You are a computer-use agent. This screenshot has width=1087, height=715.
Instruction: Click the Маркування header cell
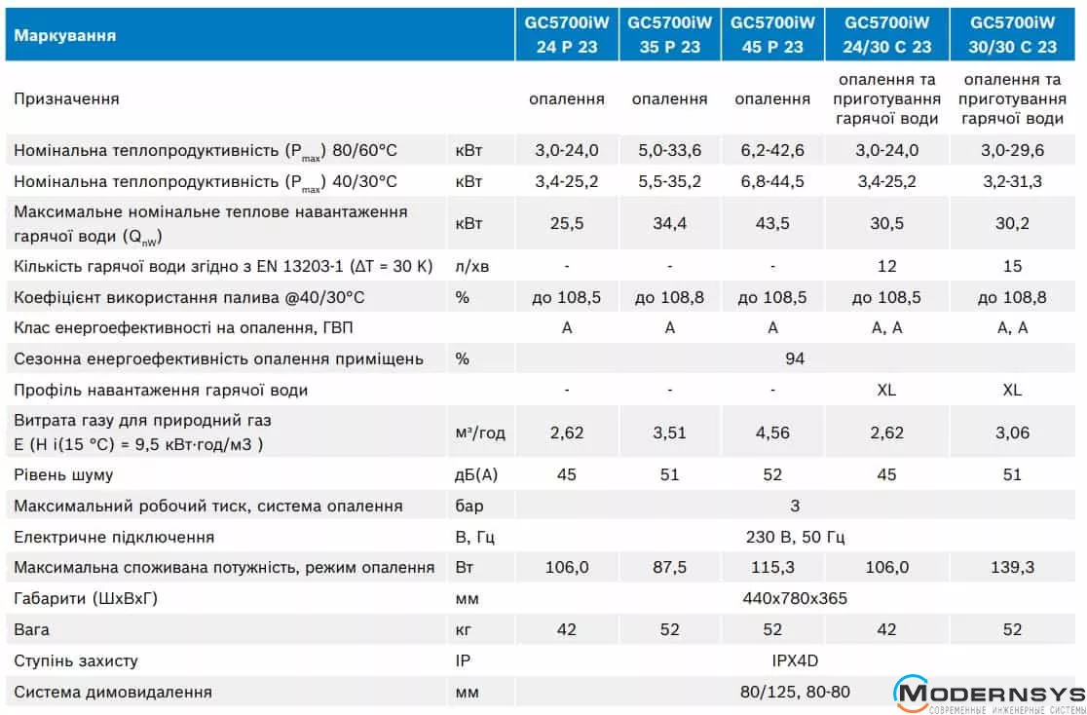pyautogui.click(x=65, y=35)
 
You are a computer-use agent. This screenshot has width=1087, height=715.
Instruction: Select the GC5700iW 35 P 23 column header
pyautogui.click(x=669, y=34)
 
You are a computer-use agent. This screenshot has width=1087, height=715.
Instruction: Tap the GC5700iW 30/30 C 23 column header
pyautogui.click(x=1012, y=34)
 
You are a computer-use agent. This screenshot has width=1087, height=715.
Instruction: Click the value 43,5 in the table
pyautogui.click(x=772, y=223)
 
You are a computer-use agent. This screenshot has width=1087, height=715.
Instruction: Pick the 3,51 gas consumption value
pyautogui.click(x=669, y=433)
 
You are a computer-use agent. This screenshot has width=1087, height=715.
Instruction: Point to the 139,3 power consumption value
pyautogui.click(x=1012, y=567)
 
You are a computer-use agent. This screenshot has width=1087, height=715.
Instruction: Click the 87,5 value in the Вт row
pyautogui.click(x=669, y=567)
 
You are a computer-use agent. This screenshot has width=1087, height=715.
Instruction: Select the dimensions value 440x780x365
pyautogui.click(x=794, y=598)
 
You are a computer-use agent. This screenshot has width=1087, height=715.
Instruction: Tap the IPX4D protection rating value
pyautogui.click(x=794, y=660)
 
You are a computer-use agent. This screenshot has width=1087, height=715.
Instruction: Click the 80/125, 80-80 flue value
pyautogui.click(x=794, y=692)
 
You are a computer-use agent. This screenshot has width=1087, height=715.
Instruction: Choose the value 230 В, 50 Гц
pyautogui.click(x=794, y=537)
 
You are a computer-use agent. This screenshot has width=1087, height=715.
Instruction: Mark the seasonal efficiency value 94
pyautogui.click(x=795, y=358)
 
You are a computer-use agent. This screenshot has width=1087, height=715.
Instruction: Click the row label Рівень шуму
pyautogui.click(x=63, y=474)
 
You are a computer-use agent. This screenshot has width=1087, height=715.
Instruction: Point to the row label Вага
pyautogui.click(x=31, y=629)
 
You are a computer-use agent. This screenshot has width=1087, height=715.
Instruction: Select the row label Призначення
pyautogui.click(x=66, y=98)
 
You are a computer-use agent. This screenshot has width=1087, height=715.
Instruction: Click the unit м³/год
pyautogui.click(x=480, y=433)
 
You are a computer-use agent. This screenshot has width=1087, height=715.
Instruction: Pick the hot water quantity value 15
pyautogui.click(x=1012, y=266)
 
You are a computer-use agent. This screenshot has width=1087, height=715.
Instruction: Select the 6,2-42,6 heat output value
pyautogui.click(x=772, y=150)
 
